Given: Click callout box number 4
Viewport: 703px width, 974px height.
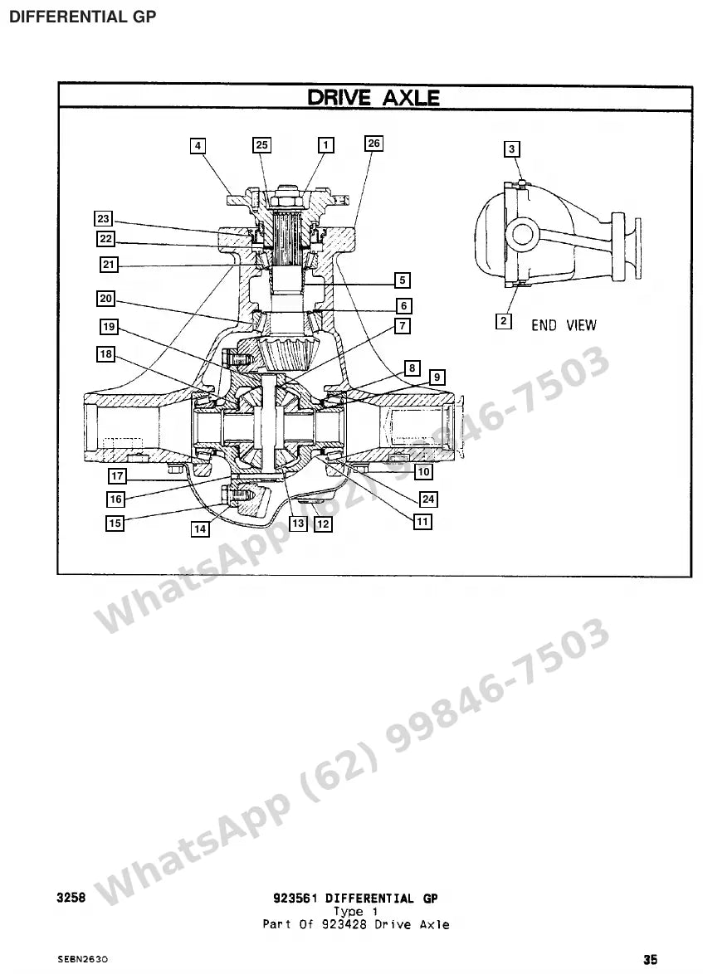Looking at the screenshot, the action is (x=198, y=146).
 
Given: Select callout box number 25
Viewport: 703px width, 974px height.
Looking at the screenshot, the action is (x=261, y=145).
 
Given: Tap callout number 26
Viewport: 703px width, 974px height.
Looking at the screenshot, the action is (x=373, y=144).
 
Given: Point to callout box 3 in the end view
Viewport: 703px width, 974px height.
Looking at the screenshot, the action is (x=511, y=149).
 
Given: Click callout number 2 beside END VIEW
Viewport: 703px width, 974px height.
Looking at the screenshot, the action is (x=504, y=321).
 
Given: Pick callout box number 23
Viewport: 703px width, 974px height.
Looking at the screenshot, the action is (x=103, y=219).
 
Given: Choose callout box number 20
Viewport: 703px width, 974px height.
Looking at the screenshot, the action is (x=106, y=299).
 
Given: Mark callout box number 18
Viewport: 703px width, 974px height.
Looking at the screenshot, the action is (x=106, y=354).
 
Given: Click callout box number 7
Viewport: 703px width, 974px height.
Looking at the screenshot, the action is (x=403, y=325).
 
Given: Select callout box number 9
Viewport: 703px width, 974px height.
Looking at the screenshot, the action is (x=437, y=377).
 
